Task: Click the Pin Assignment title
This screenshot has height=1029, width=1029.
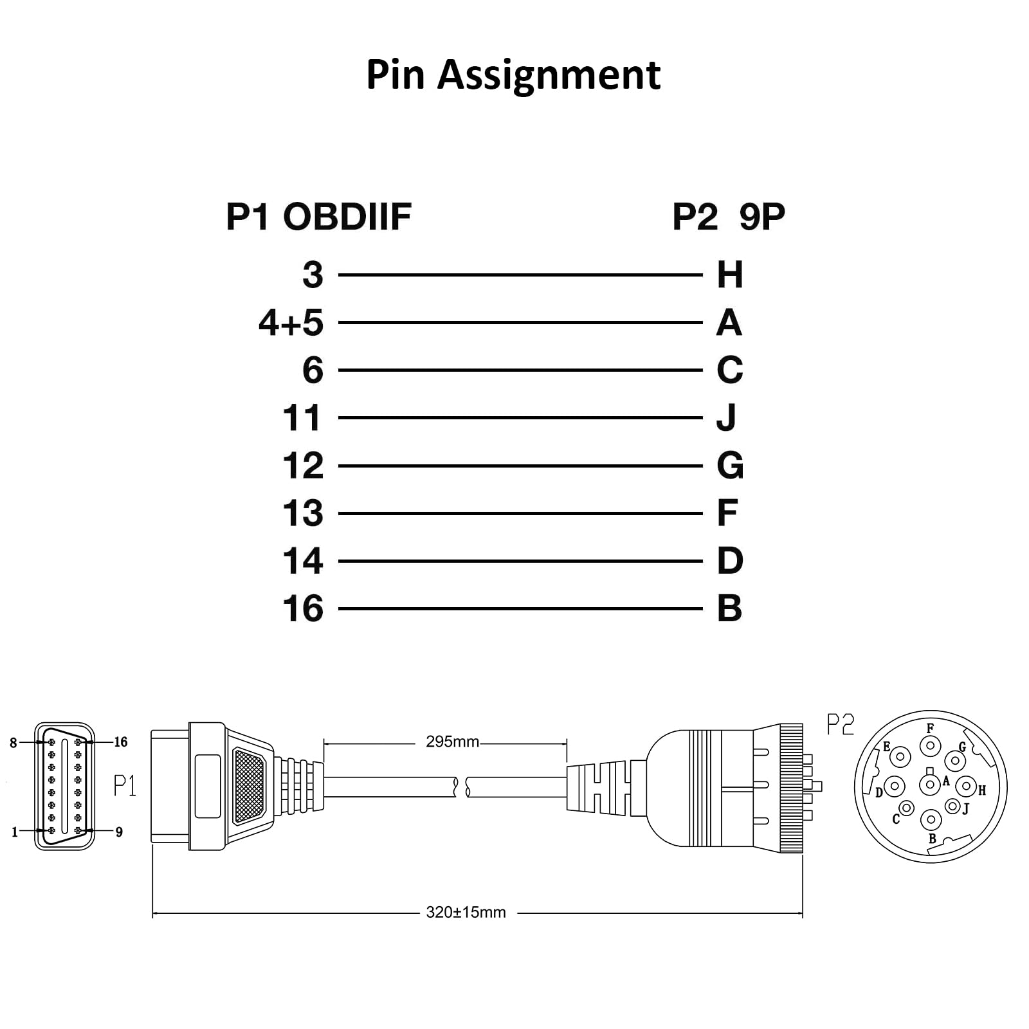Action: (513, 75)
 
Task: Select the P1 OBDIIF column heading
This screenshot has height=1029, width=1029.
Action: (318, 217)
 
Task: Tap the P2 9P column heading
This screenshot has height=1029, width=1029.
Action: (728, 217)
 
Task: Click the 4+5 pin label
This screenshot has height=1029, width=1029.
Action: (291, 322)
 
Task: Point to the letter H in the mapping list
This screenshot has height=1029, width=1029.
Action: (730, 275)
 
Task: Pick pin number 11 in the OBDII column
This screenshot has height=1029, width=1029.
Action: (302, 418)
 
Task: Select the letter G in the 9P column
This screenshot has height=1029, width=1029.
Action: (730, 466)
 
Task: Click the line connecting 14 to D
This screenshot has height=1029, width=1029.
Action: (520, 561)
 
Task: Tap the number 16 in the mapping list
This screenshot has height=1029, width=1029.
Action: (303, 608)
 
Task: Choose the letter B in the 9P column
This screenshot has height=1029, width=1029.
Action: (729, 608)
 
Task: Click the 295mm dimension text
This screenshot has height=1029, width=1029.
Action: (452, 742)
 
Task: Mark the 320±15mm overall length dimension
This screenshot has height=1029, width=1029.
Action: (466, 912)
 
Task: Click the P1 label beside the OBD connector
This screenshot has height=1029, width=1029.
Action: (125, 785)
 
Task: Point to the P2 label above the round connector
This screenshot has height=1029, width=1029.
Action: (840, 725)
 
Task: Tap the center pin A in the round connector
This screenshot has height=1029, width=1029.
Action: (930, 785)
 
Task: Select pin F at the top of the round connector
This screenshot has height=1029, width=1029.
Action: (930, 746)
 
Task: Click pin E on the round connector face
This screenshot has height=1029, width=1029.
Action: (900, 757)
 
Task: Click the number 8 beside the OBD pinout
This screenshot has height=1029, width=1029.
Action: (14, 743)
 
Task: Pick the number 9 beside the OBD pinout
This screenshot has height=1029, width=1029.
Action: (119, 832)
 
